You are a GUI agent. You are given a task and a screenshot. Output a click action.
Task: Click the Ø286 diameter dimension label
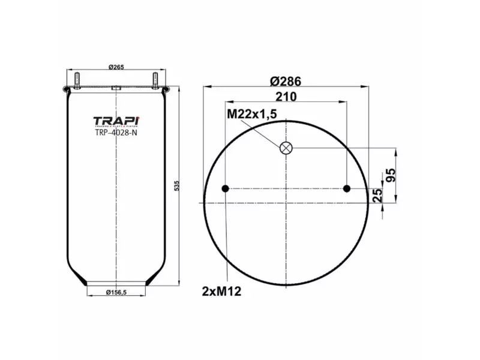point(286,81)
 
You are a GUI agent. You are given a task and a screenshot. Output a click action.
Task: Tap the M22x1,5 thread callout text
point(252,115)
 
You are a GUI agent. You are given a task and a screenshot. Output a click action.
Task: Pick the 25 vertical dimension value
point(378,196)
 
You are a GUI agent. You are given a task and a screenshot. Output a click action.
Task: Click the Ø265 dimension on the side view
point(116,67)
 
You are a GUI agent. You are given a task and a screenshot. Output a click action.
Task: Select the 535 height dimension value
point(176,187)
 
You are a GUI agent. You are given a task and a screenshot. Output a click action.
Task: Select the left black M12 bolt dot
point(226,189)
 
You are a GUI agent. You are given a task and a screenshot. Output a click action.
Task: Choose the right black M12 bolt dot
point(347,189)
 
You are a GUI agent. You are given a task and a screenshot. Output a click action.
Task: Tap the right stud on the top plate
point(155,79)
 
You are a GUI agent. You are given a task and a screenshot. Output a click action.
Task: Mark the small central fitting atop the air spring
point(116,88)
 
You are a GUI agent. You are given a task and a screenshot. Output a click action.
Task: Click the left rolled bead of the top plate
point(65,91)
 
